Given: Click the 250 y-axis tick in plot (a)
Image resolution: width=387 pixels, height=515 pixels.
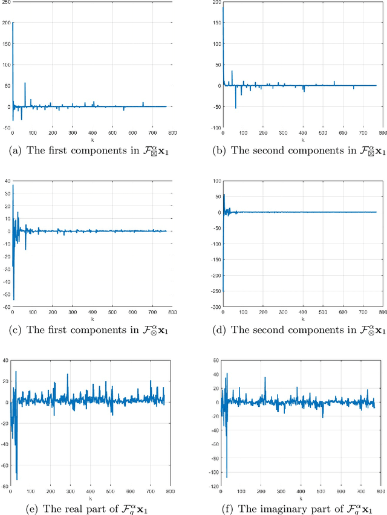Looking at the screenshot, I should tap(7, 4).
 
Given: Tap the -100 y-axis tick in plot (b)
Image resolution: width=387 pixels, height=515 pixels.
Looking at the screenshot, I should tap(216, 128).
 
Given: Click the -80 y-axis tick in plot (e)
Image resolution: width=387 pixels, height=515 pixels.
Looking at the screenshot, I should tap(6, 485).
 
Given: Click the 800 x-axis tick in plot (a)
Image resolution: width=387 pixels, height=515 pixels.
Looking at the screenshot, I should tap(172, 133).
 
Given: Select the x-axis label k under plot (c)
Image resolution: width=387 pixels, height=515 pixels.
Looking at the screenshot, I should tap(92, 318).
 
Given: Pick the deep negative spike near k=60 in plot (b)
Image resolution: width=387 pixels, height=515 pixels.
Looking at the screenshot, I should tap(236, 107).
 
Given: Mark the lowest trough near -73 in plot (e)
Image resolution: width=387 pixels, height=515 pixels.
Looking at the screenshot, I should tap(16, 479).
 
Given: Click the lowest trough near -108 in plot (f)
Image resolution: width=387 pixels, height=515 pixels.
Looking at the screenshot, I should tap(227, 477).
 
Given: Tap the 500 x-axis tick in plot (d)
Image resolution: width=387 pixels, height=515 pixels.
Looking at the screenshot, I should tap(322, 312).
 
